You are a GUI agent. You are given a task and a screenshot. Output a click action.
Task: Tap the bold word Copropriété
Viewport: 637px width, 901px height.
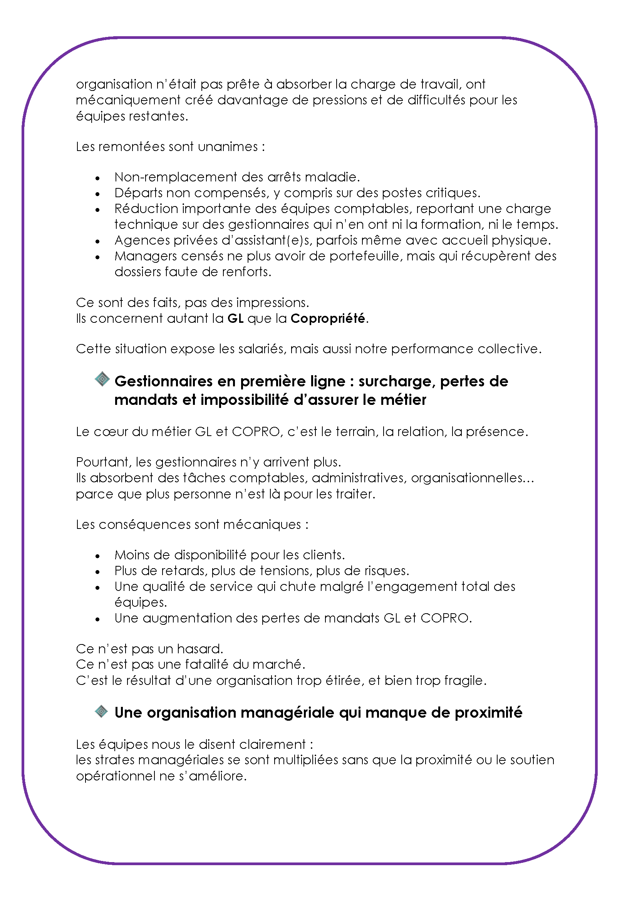[327, 318]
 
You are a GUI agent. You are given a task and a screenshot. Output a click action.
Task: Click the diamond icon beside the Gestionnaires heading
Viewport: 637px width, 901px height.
[102, 379]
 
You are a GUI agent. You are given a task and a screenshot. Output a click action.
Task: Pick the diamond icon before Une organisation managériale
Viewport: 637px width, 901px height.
[101, 711]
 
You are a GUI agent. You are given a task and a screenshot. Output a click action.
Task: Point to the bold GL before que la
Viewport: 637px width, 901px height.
[235, 318]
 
